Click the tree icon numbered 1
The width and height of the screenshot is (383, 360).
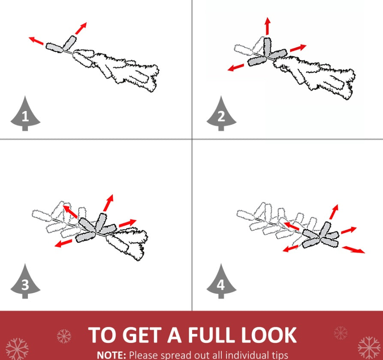point(25,114)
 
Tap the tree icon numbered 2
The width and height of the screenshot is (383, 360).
point(221,114)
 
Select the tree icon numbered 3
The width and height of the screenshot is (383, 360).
point(25,282)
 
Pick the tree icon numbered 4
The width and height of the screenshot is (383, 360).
point(221,282)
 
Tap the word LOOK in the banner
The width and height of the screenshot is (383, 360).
point(269,335)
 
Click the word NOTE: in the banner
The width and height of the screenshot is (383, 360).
point(112,355)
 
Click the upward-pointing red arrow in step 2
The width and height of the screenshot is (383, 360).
point(268,26)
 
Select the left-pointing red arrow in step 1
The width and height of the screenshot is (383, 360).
point(36,41)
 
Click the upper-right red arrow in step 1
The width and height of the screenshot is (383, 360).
point(81,28)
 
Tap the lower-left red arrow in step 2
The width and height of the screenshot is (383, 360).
point(236,67)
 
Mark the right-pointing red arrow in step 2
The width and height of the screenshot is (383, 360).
point(298,48)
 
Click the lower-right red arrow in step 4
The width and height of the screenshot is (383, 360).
point(353,250)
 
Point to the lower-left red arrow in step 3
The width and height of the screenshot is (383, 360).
point(63,243)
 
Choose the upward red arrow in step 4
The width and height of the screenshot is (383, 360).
point(334,212)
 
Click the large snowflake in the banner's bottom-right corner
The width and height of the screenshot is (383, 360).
point(369,348)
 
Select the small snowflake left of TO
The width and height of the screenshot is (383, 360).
point(64,336)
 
